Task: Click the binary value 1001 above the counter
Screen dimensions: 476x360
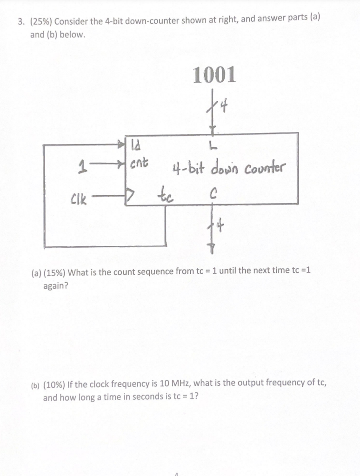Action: click(214, 74)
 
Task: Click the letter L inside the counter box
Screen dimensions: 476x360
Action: click(212, 147)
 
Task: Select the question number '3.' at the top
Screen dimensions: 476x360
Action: click(21, 21)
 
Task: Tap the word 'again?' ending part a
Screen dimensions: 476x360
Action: click(55, 285)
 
